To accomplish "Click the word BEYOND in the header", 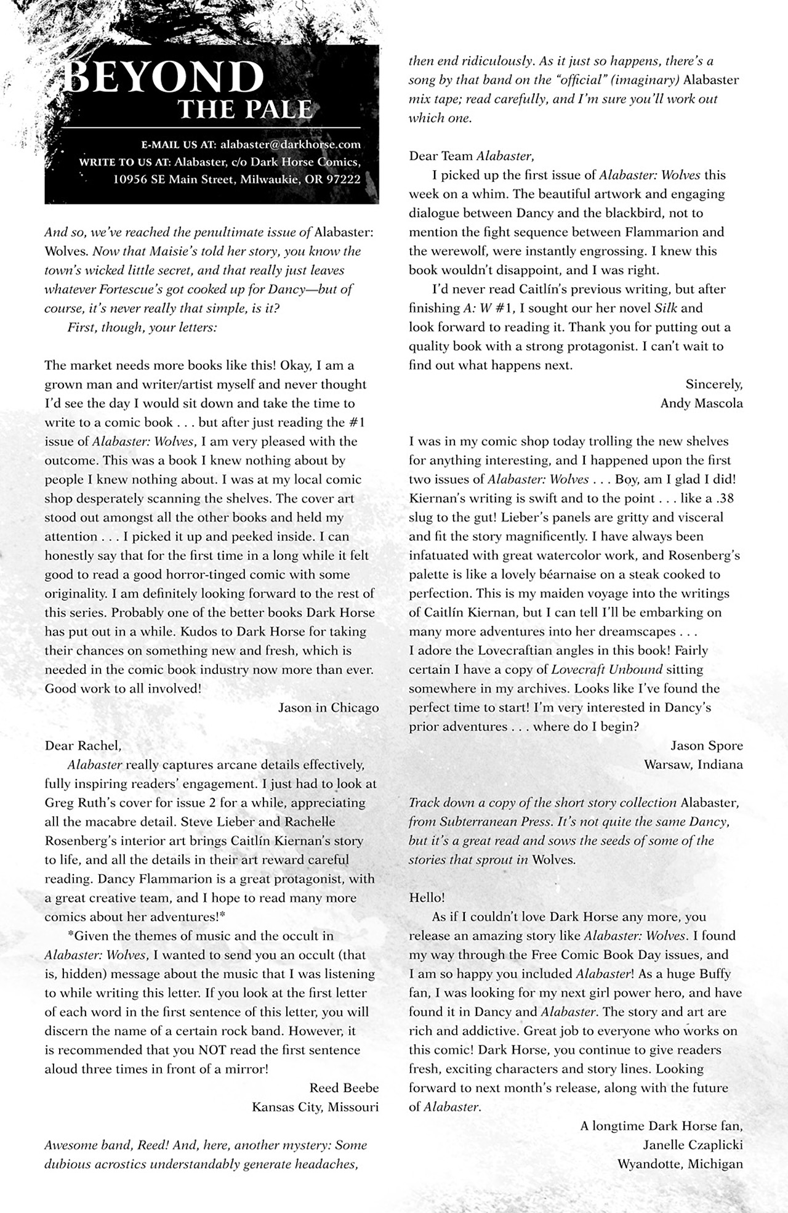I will pyautogui.click(x=164, y=78).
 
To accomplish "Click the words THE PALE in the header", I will pyautogui.click(x=245, y=110).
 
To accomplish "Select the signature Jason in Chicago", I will pyautogui.click(x=328, y=707).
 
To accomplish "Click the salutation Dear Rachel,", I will pyautogui.click(x=83, y=745).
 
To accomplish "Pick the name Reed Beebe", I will pyautogui.click(x=344, y=1088).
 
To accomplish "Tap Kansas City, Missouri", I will pyautogui.click(x=315, y=1107).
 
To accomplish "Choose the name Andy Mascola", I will pyautogui.click(x=701, y=403).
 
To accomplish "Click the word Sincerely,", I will pyautogui.click(x=714, y=384).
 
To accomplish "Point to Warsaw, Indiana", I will pyautogui.click(x=693, y=765).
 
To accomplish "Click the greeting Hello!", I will pyautogui.click(x=427, y=898).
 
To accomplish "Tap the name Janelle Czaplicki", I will pyautogui.click(x=693, y=1145).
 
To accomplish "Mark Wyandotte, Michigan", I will pyautogui.click(x=680, y=1164).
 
